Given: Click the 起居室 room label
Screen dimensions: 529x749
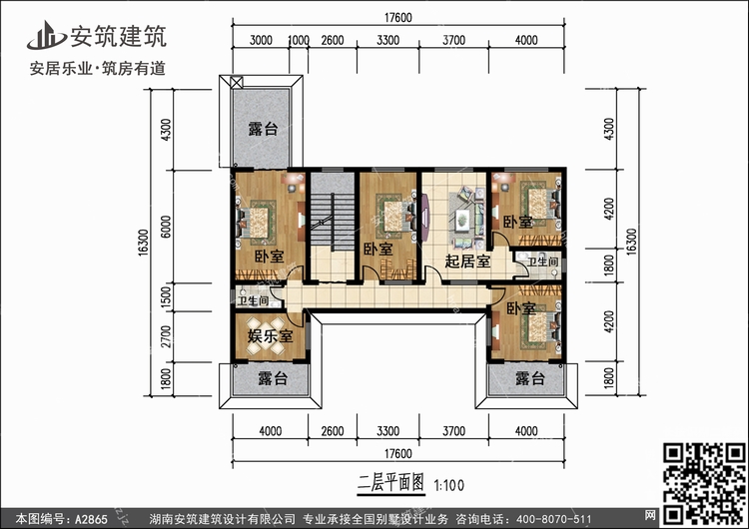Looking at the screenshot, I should coord(466,262).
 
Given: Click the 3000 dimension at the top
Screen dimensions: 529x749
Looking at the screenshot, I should coord(262,40).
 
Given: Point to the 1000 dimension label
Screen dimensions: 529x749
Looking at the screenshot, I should coord(298,40).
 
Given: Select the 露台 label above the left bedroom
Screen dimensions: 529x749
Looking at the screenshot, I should coord(263,130).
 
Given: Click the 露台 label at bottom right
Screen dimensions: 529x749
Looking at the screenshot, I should coord(529,379).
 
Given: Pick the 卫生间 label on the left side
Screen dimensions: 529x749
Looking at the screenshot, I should coord(253,299).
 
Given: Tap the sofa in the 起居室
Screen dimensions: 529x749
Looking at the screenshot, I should coord(463,220).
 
